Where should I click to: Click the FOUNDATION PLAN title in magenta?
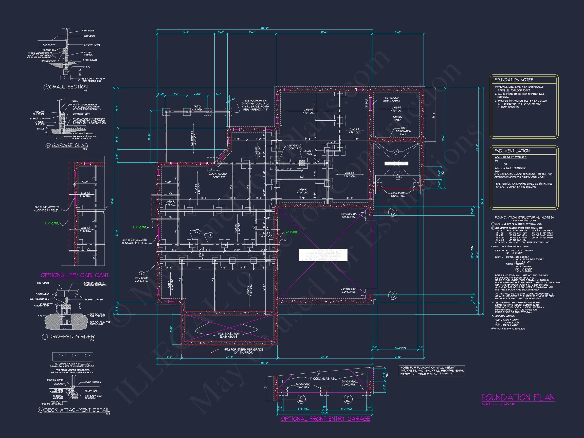coord(518,397)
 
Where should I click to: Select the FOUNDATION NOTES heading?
coord(514,80)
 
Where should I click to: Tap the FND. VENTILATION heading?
coord(512,151)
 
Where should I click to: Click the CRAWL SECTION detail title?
coord(68,87)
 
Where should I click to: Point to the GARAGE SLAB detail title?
coord(70,145)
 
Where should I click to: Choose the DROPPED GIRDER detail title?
coord(71,337)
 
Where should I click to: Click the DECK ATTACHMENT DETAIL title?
coord(77,410)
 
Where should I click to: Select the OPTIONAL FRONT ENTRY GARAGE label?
coord(325,419)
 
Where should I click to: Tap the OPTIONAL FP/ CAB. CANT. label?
coord(75,275)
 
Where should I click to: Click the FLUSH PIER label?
coord(309,152)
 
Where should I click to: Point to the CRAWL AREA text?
coord(397,118)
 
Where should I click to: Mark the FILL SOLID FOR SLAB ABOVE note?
coord(229,335)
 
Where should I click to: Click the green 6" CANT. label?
coord(292,232)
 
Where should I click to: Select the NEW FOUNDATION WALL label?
coord(403,131)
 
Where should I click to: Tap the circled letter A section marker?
coord(395,152)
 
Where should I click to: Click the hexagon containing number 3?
coord(141,273)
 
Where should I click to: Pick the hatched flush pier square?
coord(302,163)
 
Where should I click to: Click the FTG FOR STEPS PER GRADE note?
coord(244,351)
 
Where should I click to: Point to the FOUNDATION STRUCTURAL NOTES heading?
coord(524,217)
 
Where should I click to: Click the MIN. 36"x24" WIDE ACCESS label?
coord(392,100)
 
